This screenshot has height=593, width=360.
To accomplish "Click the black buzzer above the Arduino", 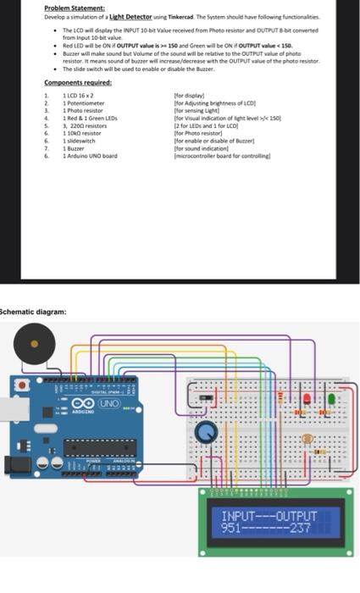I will (34, 344).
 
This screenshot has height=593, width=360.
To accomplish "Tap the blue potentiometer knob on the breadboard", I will (206, 433).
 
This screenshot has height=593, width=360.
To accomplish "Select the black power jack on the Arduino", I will (12, 465).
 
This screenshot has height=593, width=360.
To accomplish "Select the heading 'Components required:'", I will (77, 82).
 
